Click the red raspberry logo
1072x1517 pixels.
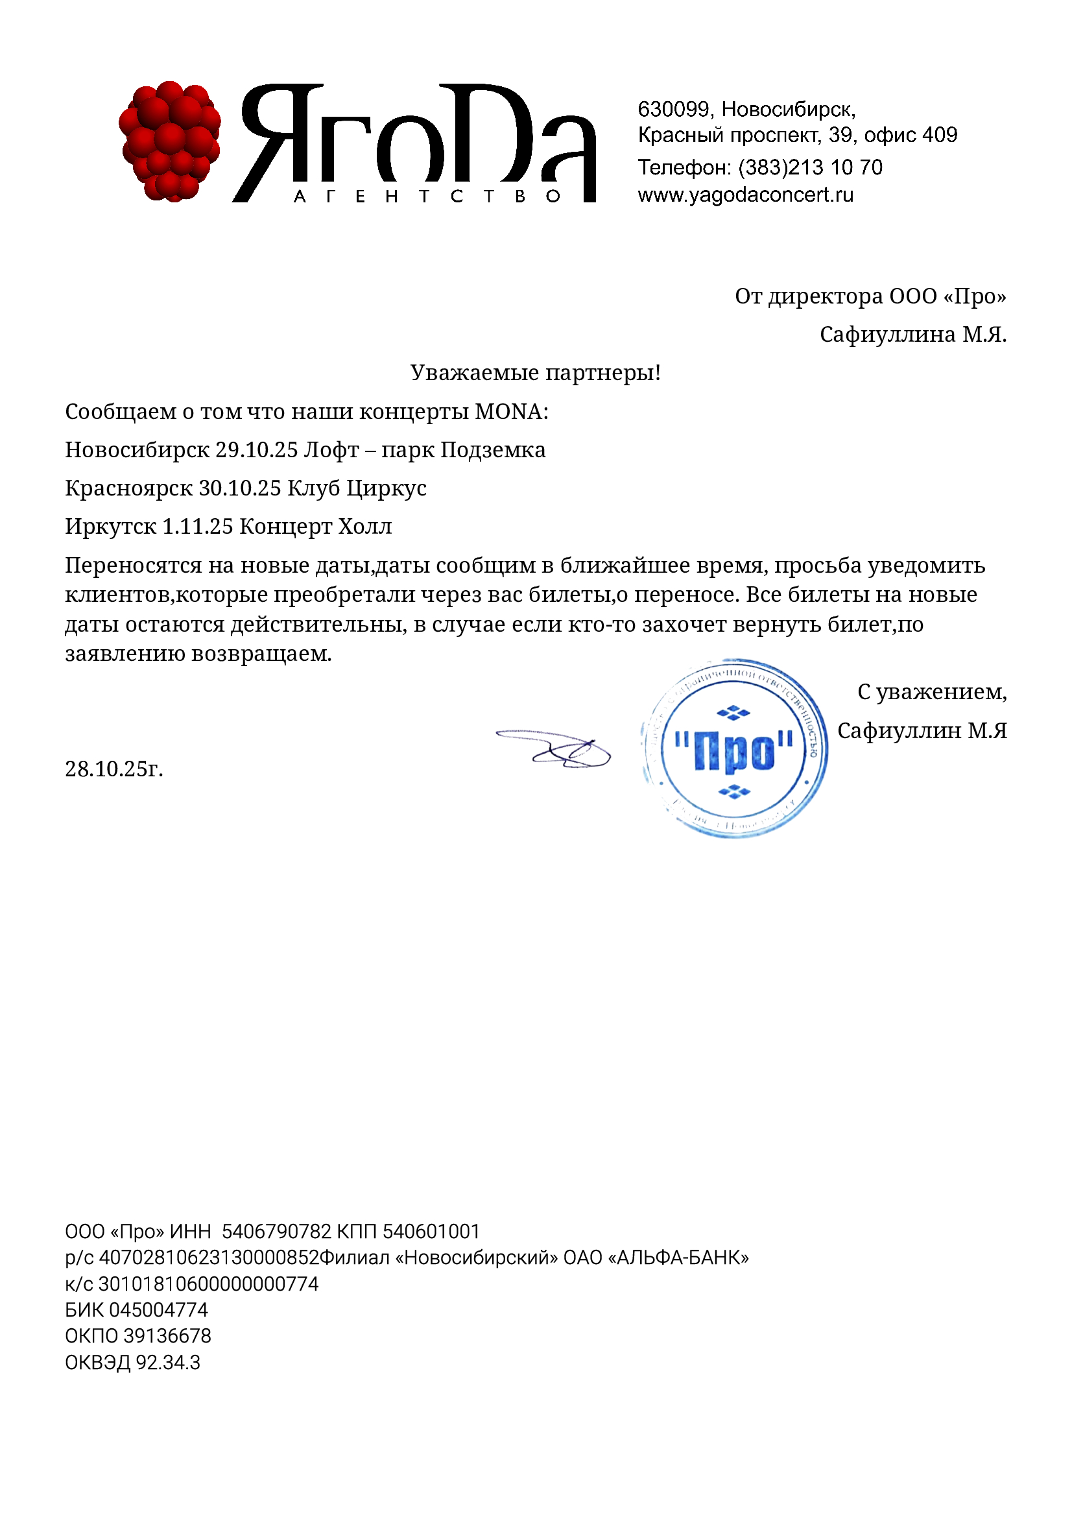(x=170, y=141)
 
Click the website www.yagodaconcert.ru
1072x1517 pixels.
(x=745, y=195)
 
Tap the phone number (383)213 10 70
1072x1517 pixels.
(x=810, y=167)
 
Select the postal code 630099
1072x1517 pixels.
(x=673, y=109)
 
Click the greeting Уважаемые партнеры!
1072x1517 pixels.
(x=535, y=373)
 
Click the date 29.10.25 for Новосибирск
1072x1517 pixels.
(x=256, y=450)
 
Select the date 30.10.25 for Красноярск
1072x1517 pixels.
(x=240, y=488)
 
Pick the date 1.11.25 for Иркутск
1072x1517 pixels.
(x=198, y=527)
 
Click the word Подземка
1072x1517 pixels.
(x=493, y=450)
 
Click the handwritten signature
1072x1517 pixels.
(x=555, y=748)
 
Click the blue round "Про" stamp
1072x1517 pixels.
(x=734, y=748)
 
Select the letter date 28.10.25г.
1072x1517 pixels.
(x=113, y=769)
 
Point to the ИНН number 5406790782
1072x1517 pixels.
(x=276, y=1232)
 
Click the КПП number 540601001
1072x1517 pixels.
(x=431, y=1232)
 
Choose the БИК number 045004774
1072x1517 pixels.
(x=158, y=1309)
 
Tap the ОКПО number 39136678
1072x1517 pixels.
(x=167, y=1335)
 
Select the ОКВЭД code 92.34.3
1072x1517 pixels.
(x=168, y=1362)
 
